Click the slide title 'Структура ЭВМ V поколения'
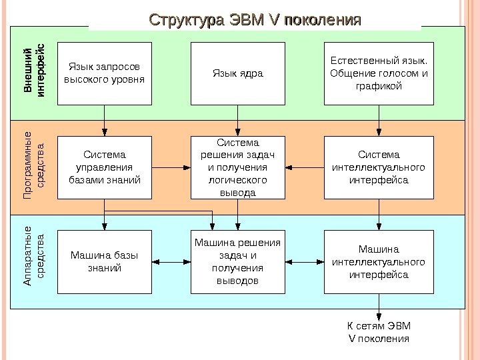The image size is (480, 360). pos(255,19)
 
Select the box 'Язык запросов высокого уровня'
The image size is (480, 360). pos(105,73)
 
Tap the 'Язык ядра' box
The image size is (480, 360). pos(238,73)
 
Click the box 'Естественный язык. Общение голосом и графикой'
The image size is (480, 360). pos(379,73)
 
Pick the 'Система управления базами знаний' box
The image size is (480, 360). pos(105,167)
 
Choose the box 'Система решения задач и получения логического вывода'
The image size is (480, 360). pos(238,167)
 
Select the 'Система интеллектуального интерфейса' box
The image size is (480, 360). pos(379,167)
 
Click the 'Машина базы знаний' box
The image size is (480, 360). pos(105,262)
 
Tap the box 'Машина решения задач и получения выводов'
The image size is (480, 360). pos(238,262)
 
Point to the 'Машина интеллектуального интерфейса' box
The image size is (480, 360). pos(379,262)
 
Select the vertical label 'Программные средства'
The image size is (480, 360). pos(33,167)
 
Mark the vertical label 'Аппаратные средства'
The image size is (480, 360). pos(33,262)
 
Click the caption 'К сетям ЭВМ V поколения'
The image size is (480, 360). pos(379,332)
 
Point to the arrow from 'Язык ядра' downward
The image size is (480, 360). pos(238,121)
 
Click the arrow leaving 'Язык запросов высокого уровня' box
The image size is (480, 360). pos(105,121)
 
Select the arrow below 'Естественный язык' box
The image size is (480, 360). pos(379,121)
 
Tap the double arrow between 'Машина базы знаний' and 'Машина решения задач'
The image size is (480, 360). pos(171,262)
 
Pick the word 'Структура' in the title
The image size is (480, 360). pos(186,19)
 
